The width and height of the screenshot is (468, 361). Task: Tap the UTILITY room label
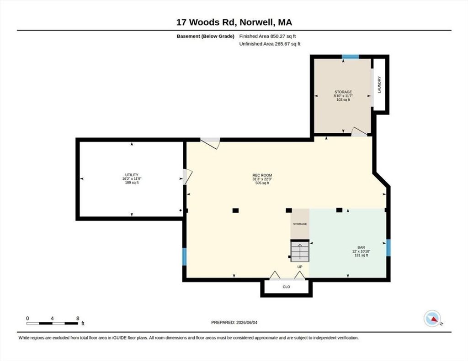pos(132,175)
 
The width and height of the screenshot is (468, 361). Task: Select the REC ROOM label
pos(262,175)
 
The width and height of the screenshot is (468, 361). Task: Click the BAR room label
pos(361,247)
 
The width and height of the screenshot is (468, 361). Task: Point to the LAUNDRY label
pos(379,85)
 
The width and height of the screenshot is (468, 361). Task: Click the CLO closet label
pos(286,287)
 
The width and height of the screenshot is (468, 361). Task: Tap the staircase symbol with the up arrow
pos(300,251)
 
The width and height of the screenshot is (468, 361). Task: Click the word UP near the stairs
pos(300,267)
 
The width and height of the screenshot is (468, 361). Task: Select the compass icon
pos(432,319)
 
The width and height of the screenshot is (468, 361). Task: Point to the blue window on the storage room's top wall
pos(350,57)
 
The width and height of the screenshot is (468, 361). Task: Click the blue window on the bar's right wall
pos(388,248)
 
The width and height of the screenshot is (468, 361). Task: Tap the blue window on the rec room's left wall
pos(185,256)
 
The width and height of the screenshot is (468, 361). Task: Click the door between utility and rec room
pos(187,177)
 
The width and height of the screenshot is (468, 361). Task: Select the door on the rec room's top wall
pos(210,142)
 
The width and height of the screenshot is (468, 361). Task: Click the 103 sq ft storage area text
pos(343,100)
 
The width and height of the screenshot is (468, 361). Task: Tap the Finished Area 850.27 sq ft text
pos(267,37)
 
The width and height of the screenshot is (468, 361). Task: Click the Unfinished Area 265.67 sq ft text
pos(270,44)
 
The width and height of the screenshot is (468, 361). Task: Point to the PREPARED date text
pos(234,322)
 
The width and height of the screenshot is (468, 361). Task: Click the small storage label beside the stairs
pos(300,224)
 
